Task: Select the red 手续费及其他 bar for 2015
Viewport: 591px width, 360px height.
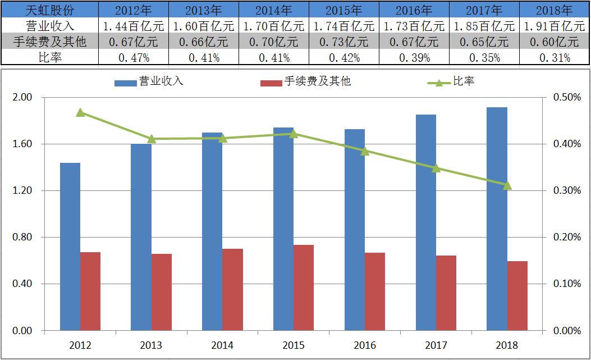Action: coord(304,287)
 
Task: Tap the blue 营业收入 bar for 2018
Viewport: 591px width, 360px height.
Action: coord(497,218)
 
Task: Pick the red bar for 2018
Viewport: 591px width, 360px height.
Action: coord(517,295)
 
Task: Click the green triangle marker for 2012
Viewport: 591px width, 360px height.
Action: coord(80,112)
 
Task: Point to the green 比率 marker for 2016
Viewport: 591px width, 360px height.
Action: coord(365,151)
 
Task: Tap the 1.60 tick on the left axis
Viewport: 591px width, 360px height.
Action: coord(23,144)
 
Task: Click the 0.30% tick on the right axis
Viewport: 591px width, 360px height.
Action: coord(567,190)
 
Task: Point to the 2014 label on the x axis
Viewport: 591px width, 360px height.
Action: coord(222,345)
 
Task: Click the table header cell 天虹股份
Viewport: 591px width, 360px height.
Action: coord(50,10)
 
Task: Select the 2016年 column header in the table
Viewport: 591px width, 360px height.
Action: coord(414,10)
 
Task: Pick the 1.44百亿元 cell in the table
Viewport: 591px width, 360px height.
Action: coord(133,26)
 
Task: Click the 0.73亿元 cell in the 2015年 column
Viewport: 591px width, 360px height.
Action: coord(343,42)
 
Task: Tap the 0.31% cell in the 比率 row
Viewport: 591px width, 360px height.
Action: coord(554,57)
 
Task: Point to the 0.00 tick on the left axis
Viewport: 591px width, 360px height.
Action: coord(23,330)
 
